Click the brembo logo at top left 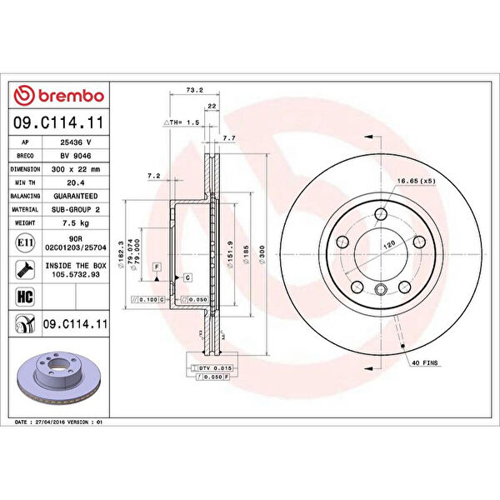click(x=59, y=97)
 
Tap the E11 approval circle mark click(x=24, y=242)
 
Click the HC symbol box click(x=24, y=296)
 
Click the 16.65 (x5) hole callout click(x=417, y=181)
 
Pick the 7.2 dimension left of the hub click(x=153, y=176)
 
